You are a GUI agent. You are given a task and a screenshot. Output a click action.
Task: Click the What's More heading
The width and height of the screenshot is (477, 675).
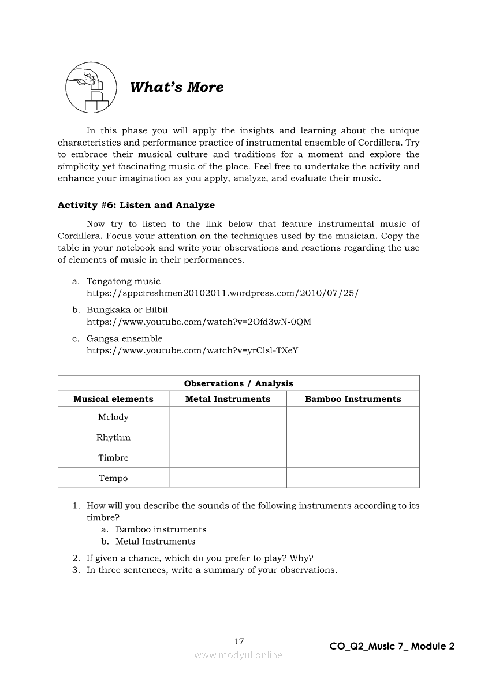pyautogui.click(x=177, y=87)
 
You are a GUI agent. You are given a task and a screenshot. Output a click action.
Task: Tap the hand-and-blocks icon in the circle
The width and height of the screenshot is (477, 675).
pyautogui.click(x=88, y=88)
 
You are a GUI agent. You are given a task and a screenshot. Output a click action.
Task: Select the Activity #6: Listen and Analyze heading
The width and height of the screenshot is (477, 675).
pyautogui.click(x=136, y=205)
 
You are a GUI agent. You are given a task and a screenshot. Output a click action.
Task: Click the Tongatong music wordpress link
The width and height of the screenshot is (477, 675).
pyautogui.click(x=222, y=293)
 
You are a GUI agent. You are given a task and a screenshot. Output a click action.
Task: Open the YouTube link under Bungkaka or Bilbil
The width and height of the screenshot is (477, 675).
pyautogui.click(x=199, y=322)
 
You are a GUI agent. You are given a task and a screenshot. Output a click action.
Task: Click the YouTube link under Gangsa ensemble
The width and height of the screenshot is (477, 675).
pyautogui.click(x=192, y=350)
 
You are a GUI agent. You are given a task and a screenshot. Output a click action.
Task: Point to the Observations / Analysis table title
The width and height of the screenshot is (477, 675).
pyautogui.click(x=238, y=383)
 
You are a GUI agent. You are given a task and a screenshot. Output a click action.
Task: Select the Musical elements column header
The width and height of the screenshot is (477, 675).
pyautogui.click(x=113, y=399)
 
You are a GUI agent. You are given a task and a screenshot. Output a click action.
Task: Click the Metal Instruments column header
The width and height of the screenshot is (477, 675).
pyautogui.click(x=228, y=399)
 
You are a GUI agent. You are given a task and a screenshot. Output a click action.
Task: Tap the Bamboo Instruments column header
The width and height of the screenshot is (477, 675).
pyautogui.click(x=353, y=399)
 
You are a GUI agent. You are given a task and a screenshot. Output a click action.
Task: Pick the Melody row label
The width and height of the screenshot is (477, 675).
pyautogui.click(x=113, y=417)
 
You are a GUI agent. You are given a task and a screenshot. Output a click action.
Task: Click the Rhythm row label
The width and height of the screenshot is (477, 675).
pyautogui.click(x=113, y=437)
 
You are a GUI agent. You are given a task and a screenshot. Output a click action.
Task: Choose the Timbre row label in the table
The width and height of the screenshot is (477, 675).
pyautogui.click(x=113, y=457)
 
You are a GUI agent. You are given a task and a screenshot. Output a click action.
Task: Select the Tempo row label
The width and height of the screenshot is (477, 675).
pyautogui.click(x=113, y=478)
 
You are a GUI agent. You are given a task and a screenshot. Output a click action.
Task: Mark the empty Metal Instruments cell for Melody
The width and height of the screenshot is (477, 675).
pyautogui.click(x=228, y=417)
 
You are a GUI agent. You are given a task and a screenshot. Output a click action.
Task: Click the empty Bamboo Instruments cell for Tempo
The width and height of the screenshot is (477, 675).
pyautogui.click(x=353, y=478)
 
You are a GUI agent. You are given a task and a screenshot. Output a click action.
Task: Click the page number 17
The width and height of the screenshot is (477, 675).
pyautogui.click(x=239, y=642)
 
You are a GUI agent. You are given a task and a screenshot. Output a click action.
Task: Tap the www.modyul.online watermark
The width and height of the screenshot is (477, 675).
pyautogui.click(x=238, y=655)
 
